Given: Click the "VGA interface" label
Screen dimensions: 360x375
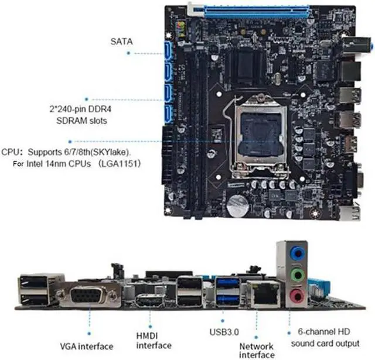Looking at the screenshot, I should pyautogui.click(x=87, y=347).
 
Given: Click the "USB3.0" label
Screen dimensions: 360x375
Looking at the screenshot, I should pyautogui.click(x=223, y=331).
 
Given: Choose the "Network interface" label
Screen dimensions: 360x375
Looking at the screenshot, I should pyautogui.click(x=256, y=349).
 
